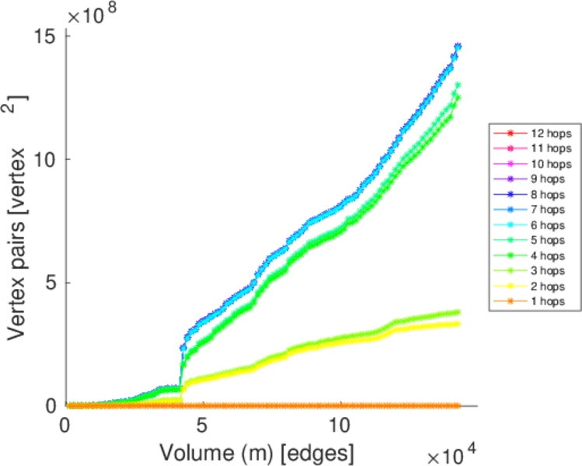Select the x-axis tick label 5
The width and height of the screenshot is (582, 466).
click(x=202, y=426)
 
